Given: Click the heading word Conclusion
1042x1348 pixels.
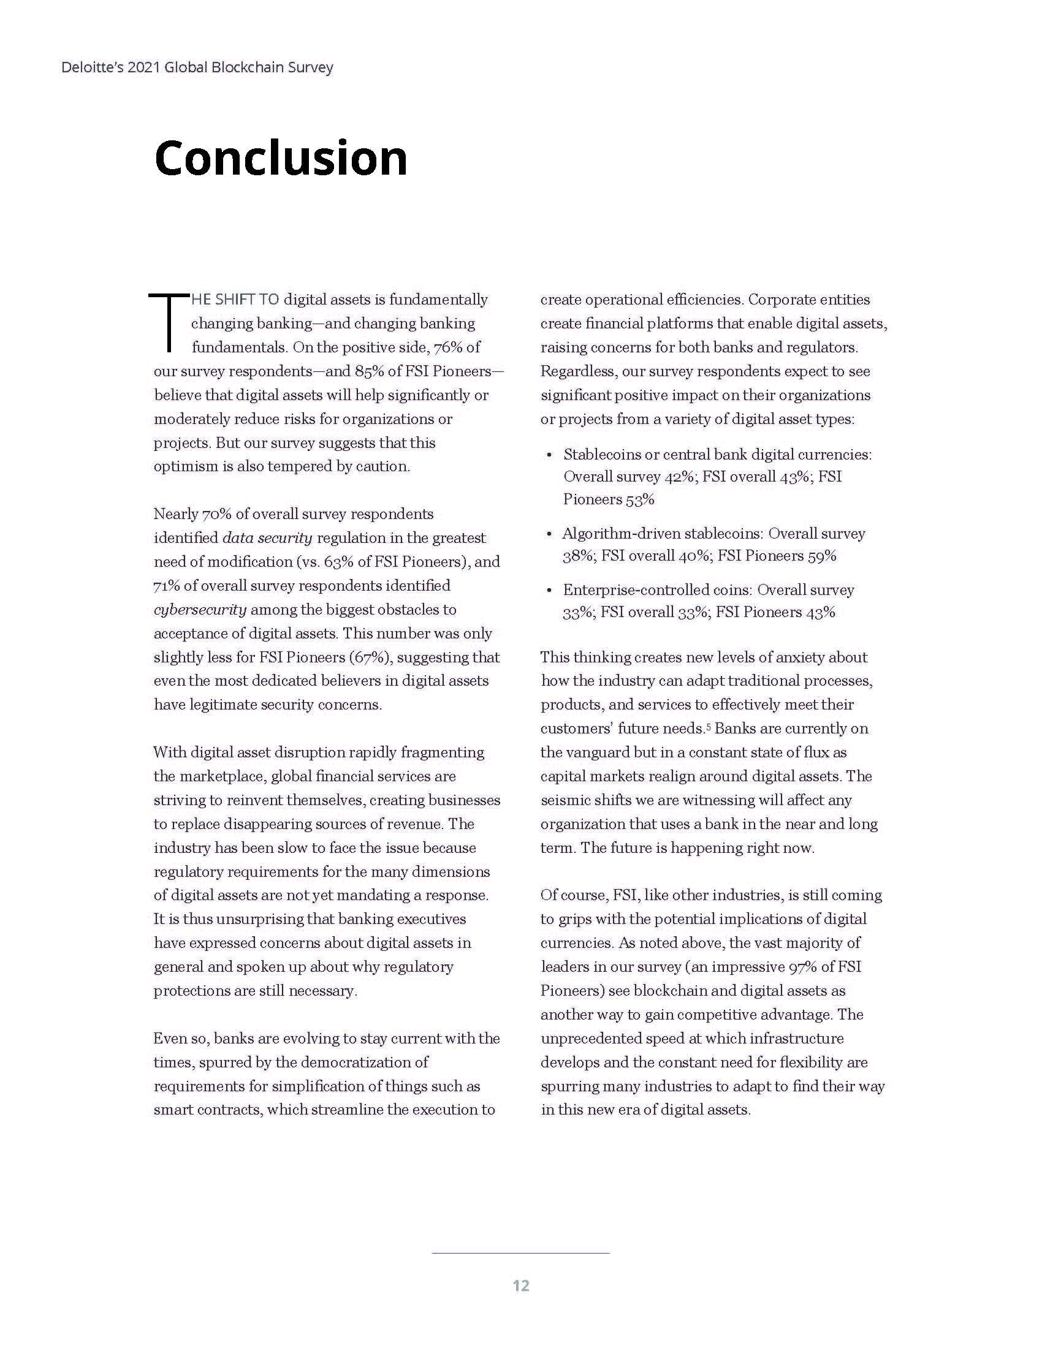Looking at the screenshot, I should [281, 158].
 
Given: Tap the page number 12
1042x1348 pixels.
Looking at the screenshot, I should [521, 1286].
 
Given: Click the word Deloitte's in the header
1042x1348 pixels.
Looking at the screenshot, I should [92, 67].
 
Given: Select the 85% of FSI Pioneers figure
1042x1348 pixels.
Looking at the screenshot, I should [368, 371].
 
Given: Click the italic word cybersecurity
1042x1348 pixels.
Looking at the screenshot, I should [200, 610].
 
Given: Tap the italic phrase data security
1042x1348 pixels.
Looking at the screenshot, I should [267, 538].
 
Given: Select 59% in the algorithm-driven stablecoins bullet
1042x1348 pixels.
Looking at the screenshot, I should [821, 556].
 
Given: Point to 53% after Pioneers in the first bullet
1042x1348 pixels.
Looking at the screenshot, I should [639, 499].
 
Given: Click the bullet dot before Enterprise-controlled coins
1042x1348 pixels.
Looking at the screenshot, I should [549, 591].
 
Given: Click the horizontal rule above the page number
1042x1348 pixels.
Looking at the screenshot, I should [521, 1254].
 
